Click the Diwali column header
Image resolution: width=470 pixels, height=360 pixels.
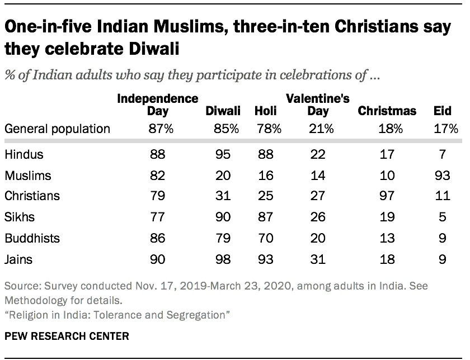223,111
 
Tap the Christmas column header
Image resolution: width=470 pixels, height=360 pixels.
387,111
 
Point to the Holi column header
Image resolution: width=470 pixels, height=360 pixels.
266,111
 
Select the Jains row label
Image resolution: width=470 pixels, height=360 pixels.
18,259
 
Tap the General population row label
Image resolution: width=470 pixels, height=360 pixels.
57,129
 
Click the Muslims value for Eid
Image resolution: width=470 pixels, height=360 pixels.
442,176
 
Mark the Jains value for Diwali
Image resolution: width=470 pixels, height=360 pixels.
223,259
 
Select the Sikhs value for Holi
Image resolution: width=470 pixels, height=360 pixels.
266,217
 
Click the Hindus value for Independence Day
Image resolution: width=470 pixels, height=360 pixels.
157,154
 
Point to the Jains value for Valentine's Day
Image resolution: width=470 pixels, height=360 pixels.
318,259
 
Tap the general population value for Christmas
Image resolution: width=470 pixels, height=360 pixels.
387,129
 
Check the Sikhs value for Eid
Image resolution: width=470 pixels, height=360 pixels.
442,217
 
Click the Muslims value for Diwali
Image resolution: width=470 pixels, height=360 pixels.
223,176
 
